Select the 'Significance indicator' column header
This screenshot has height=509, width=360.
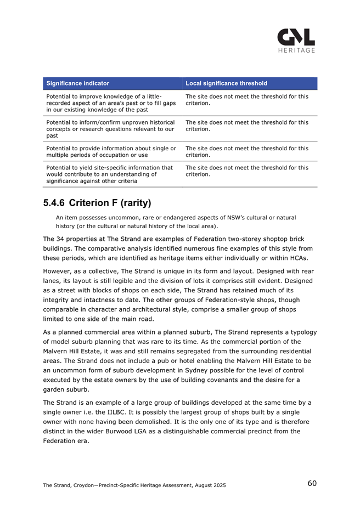(78, 83)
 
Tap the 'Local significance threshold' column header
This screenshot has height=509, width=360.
(226, 83)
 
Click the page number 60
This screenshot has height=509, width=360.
(312, 483)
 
